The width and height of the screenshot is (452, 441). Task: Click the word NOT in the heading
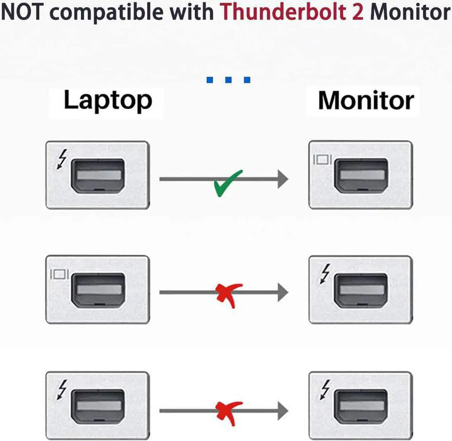click(x=22, y=12)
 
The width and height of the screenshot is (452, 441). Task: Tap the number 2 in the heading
click(x=357, y=12)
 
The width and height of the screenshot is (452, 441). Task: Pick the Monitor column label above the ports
click(x=365, y=101)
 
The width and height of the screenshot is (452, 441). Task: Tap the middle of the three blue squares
click(x=228, y=80)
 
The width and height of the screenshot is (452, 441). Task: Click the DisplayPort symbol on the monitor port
click(x=322, y=160)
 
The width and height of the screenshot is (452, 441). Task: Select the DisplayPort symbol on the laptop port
click(x=59, y=274)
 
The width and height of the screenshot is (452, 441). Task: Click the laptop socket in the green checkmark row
click(x=98, y=175)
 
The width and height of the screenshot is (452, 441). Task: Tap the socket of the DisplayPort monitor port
click(x=361, y=175)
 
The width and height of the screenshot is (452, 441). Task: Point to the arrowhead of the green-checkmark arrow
click(x=282, y=179)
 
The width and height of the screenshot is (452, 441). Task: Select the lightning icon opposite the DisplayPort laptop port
click(x=325, y=273)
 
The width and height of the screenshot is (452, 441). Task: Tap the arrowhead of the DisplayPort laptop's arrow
click(x=282, y=292)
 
